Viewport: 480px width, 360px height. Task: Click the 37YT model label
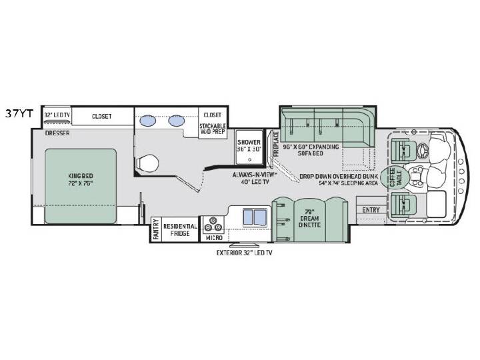(19, 114)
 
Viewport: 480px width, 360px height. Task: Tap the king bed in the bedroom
(81, 186)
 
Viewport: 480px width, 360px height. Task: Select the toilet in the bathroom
(147, 162)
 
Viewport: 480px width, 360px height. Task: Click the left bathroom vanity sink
(148, 121)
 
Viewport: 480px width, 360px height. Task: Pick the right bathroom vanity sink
(176, 121)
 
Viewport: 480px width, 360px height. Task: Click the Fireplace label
(275, 144)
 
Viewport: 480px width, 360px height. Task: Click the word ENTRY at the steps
(371, 210)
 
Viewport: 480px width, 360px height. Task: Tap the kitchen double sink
(255, 217)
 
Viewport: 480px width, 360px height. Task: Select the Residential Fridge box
(180, 229)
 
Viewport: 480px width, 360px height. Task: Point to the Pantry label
(156, 229)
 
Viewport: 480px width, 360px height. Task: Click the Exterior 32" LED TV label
(244, 253)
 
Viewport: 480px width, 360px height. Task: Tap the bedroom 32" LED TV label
(57, 115)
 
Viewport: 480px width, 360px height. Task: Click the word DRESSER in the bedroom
(57, 133)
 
